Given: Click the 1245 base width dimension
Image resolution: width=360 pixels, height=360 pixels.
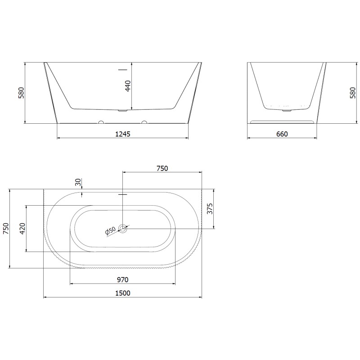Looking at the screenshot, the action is click(x=122, y=134).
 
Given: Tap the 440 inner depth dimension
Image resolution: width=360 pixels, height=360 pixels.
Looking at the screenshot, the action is click(x=128, y=86).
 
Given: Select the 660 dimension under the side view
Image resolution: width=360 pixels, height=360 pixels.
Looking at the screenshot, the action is click(x=282, y=134).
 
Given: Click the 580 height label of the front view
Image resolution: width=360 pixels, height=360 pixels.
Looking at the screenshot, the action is click(x=21, y=93).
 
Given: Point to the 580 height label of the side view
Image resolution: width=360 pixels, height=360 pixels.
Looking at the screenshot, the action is click(x=353, y=93).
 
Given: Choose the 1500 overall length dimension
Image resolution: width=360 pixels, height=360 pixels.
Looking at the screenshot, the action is click(x=122, y=293).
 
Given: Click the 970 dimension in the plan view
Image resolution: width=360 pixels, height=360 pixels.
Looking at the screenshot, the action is click(x=122, y=279).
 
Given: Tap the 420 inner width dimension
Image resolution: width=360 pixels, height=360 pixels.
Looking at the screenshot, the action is click(x=23, y=229).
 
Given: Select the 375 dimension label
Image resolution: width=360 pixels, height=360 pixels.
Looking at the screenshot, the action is click(x=210, y=209).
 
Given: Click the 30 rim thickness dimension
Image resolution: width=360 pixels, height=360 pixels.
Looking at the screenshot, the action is click(x=78, y=182).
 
